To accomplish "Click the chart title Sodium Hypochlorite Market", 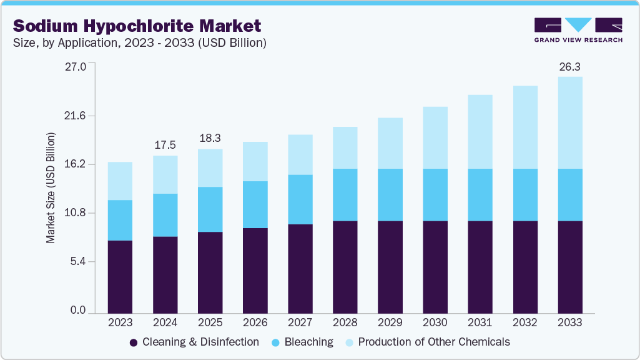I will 137,26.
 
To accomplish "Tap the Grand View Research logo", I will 578,29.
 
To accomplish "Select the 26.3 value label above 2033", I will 569,66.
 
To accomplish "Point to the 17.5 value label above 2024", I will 165,144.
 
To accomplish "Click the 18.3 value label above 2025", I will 210,138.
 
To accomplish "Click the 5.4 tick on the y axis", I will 79,261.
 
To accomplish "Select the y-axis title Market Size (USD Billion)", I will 51,188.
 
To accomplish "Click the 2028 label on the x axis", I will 345,322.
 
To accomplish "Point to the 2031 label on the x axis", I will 480,322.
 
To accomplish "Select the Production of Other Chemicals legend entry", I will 426,342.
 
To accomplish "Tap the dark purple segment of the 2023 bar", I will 120,276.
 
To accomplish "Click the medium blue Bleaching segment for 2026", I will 255,204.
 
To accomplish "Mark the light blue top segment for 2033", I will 569,122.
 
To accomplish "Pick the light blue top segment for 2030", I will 435,137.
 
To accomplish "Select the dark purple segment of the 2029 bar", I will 390,267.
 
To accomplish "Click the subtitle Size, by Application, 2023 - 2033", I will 140,43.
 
